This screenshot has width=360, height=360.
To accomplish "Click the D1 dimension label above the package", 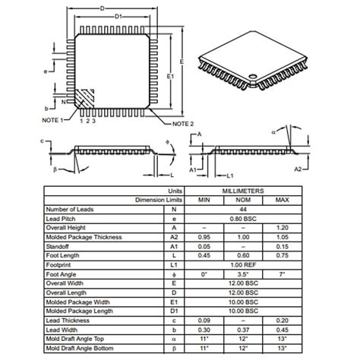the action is [118, 17].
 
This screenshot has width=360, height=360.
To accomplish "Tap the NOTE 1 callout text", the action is [52, 120].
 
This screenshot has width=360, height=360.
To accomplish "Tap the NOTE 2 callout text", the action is [183, 124].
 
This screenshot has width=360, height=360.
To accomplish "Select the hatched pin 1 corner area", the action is [85, 99].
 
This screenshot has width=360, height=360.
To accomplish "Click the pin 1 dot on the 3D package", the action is [252, 76].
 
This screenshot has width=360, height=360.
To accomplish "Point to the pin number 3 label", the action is [93, 121].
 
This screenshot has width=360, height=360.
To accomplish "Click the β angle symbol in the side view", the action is [55, 169].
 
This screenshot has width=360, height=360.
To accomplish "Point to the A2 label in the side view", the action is [298, 169].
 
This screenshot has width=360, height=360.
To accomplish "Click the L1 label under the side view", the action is [230, 175].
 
